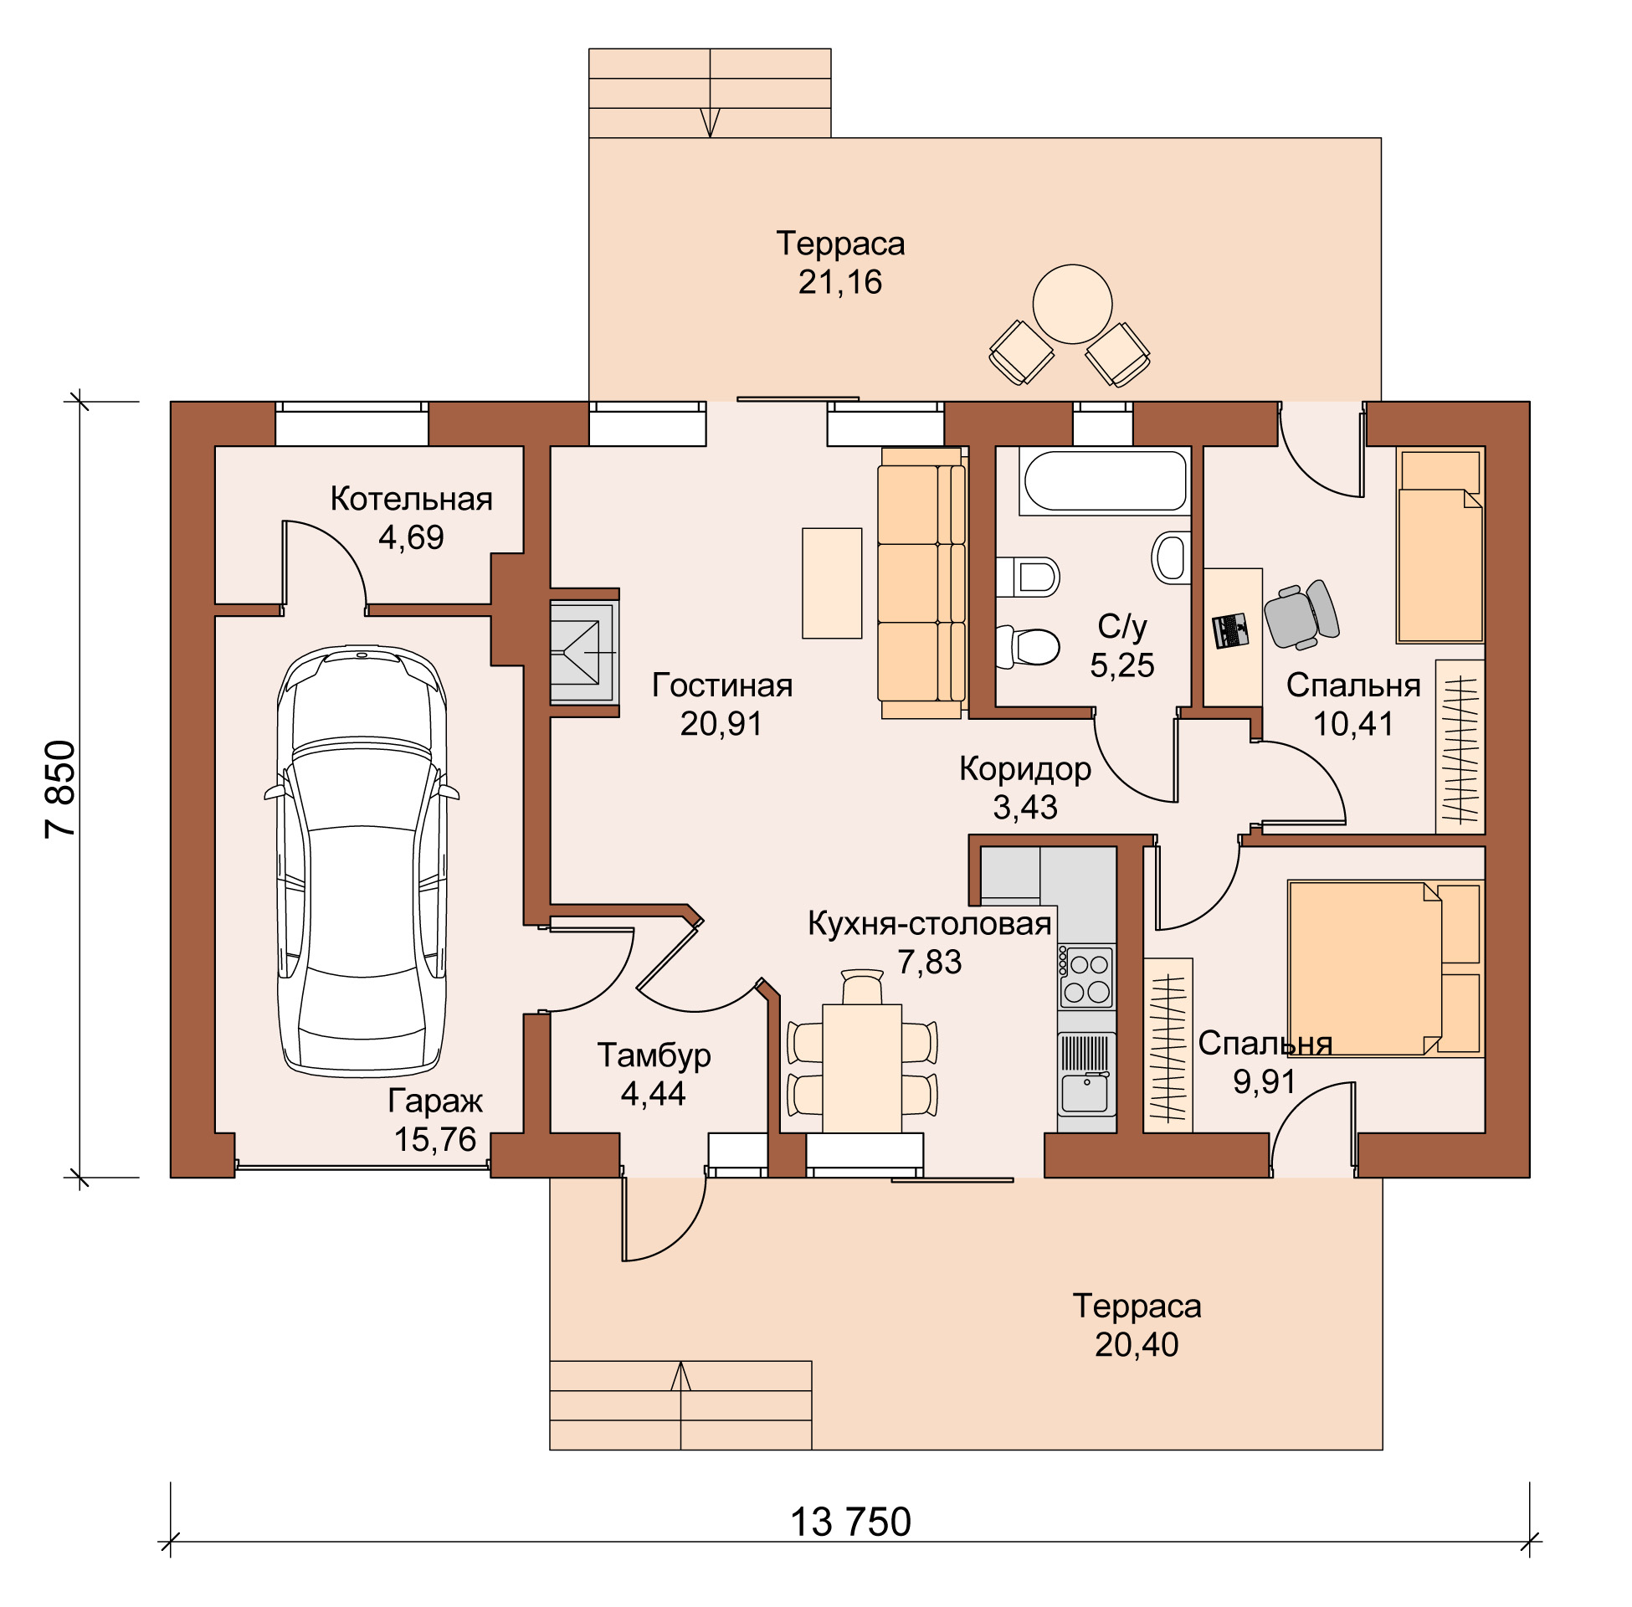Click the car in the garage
pyautogui.click(x=362, y=860)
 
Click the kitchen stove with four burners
pyautogui.click(x=1085, y=978)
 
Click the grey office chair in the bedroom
pyautogui.click(x=1301, y=614)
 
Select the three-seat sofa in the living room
pyautogui.click(x=921, y=583)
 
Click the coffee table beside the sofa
pyautogui.click(x=831, y=583)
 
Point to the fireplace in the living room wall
pyautogui.click(x=584, y=652)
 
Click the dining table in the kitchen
pyautogui.click(x=861, y=1068)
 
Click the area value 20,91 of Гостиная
pyautogui.click(x=721, y=723)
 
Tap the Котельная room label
pyautogui.click(x=411, y=499)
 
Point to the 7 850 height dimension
pyautogui.click(x=61, y=789)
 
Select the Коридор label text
pyautogui.click(x=1024, y=769)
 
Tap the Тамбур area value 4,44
pyautogui.click(x=653, y=1094)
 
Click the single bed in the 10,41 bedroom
pyautogui.click(x=1440, y=545)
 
